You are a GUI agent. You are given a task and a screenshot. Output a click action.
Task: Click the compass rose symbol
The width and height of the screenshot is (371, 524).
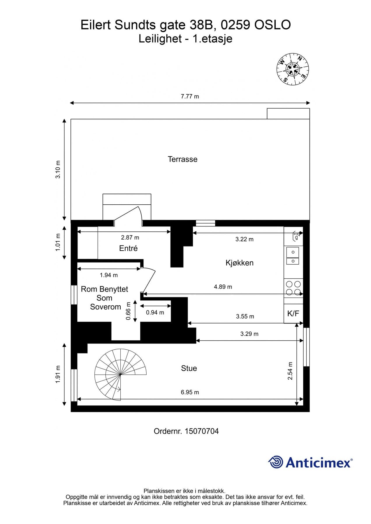[292, 69]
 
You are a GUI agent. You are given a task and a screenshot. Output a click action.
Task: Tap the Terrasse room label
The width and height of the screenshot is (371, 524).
[182, 159]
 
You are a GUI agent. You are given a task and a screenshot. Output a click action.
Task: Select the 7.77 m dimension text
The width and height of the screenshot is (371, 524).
[190, 96]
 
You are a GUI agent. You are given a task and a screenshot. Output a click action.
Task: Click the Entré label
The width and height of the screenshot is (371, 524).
[128, 248]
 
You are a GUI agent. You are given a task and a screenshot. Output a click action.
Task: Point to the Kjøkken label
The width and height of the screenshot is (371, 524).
[239, 263]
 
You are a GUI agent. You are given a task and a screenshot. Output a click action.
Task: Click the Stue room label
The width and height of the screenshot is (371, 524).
[189, 368]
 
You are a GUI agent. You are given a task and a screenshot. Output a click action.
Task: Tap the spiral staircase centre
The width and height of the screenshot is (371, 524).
[120, 375]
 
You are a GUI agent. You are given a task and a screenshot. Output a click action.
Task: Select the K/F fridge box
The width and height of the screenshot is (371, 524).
[293, 314]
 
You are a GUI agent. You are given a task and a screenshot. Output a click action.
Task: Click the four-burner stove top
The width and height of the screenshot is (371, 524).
[293, 288]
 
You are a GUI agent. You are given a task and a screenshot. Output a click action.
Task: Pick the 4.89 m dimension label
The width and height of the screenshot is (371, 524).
[223, 287]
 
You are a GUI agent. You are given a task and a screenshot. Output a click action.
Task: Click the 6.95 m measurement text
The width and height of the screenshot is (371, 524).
[190, 392]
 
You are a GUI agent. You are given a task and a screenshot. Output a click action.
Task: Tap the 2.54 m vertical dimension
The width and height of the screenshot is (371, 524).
[290, 371]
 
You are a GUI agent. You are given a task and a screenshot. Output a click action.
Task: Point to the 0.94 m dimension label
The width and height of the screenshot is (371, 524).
[155, 312]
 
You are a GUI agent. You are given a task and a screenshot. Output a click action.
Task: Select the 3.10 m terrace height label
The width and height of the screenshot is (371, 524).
[58, 169]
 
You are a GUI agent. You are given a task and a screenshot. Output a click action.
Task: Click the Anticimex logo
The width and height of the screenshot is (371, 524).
[310, 462]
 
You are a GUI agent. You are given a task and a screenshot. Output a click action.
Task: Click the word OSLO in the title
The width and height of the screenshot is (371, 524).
[272, 25]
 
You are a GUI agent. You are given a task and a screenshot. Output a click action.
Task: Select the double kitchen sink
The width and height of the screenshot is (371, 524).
[293, 256]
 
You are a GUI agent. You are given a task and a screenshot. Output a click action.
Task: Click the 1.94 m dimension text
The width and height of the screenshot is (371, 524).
[109, 275]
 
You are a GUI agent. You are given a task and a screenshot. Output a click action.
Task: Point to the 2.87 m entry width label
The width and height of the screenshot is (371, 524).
[130, 238]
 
